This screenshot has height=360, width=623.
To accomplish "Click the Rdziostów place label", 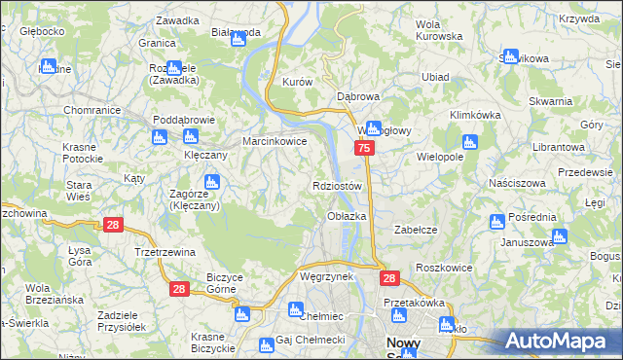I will tap(338, 186).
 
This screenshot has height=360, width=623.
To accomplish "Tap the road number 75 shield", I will tap(363, 148).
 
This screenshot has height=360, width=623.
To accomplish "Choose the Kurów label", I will tap(296, 83).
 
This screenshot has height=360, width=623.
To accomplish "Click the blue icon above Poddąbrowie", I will tap(163, 136).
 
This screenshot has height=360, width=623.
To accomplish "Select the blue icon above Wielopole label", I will tap(471, 142).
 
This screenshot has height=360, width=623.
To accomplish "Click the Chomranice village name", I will tap(92, 111).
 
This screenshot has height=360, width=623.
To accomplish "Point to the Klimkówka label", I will tap(475, 115).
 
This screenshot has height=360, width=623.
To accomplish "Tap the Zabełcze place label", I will tap(413, 230).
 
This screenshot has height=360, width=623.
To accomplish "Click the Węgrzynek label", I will tap(326, 277).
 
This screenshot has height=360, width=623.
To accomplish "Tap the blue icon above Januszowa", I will tap(558, 236).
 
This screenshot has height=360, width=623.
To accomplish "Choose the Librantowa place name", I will tap(557, 146).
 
